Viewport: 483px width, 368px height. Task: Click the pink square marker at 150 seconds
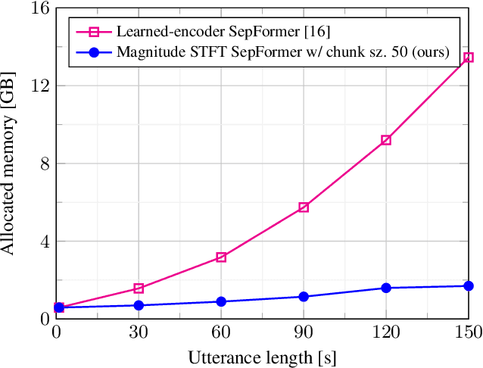click(469, 58)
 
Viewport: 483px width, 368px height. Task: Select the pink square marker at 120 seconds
click(386, 140)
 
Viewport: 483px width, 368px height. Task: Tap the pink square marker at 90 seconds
click(304, 207)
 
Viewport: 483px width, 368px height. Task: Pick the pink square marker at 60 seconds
click(221, 257)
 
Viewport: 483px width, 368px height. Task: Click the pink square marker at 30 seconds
click(139, 288)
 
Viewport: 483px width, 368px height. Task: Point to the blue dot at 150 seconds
click(469, 286)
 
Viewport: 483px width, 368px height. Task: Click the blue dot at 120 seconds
click(386, 288)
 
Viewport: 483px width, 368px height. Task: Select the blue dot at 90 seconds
click(304, 297)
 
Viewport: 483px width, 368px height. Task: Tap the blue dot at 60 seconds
click(221, 301)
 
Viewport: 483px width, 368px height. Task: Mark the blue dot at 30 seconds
click(139, 305)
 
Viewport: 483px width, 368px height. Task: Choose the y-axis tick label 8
click(45, 164)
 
